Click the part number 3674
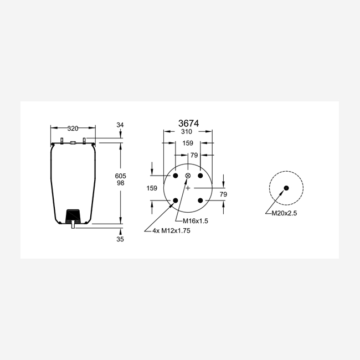point(188,124)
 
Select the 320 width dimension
point(73,128)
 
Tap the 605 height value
point(121,176)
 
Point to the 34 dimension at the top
point(120,125)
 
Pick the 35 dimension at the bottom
point(120,239)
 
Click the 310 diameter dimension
point(187,132)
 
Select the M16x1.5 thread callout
point(196,221)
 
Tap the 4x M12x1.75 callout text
point(171,230)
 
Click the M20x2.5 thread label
point(284,213)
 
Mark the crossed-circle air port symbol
point(188,176)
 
